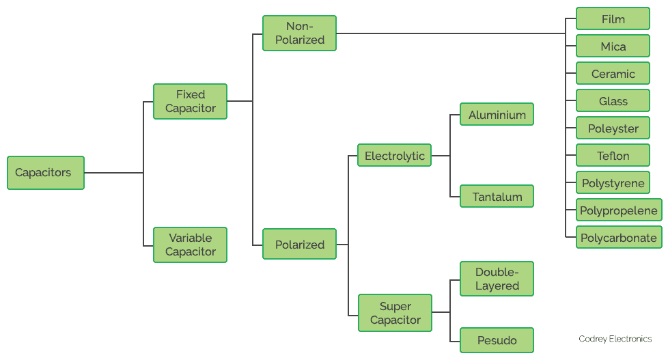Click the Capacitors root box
(45, 173)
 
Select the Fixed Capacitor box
(190, 101)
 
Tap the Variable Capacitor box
(190, 245)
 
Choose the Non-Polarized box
(299, 33)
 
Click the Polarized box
(299, 245)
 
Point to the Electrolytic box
(394, 156)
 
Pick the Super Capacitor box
(395, 313)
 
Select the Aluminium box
(497, 115)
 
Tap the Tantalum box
(497, 197)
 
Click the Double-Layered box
(497, 279)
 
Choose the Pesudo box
(497, 340)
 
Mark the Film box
(613, 19)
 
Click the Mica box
(613, 46)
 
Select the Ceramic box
(613, 74)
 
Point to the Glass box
(613, 101)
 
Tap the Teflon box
(613, 156)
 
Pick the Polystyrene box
(613, 183)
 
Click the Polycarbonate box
(618, 238)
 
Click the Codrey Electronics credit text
(615, 339)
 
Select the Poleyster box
(613, 128)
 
